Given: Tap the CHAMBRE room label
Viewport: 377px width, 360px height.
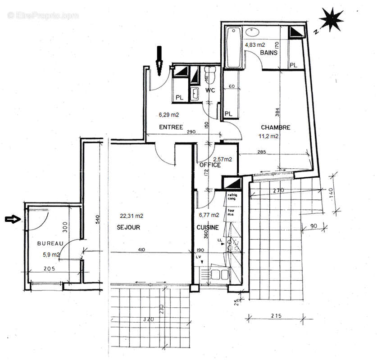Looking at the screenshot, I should [x=275, y=127].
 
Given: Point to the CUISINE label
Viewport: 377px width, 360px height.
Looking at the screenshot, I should [x=208, y=227].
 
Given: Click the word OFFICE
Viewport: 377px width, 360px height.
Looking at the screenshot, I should [x=210, y=165].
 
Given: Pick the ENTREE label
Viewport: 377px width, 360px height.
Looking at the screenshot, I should [x=171, y=127].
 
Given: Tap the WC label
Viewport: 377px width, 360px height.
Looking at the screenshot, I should [x=210, y=90].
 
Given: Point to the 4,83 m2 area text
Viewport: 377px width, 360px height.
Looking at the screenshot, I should [x=254, y=45].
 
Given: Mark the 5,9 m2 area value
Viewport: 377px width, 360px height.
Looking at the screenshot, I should [x=50, y=255].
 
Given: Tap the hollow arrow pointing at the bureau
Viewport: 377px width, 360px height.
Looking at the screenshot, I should [x=13, y=219].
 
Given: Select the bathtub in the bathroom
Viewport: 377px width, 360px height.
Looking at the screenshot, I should [x=234, y=48].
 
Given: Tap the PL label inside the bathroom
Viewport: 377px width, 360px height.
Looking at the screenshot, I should [x=294, y=65].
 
